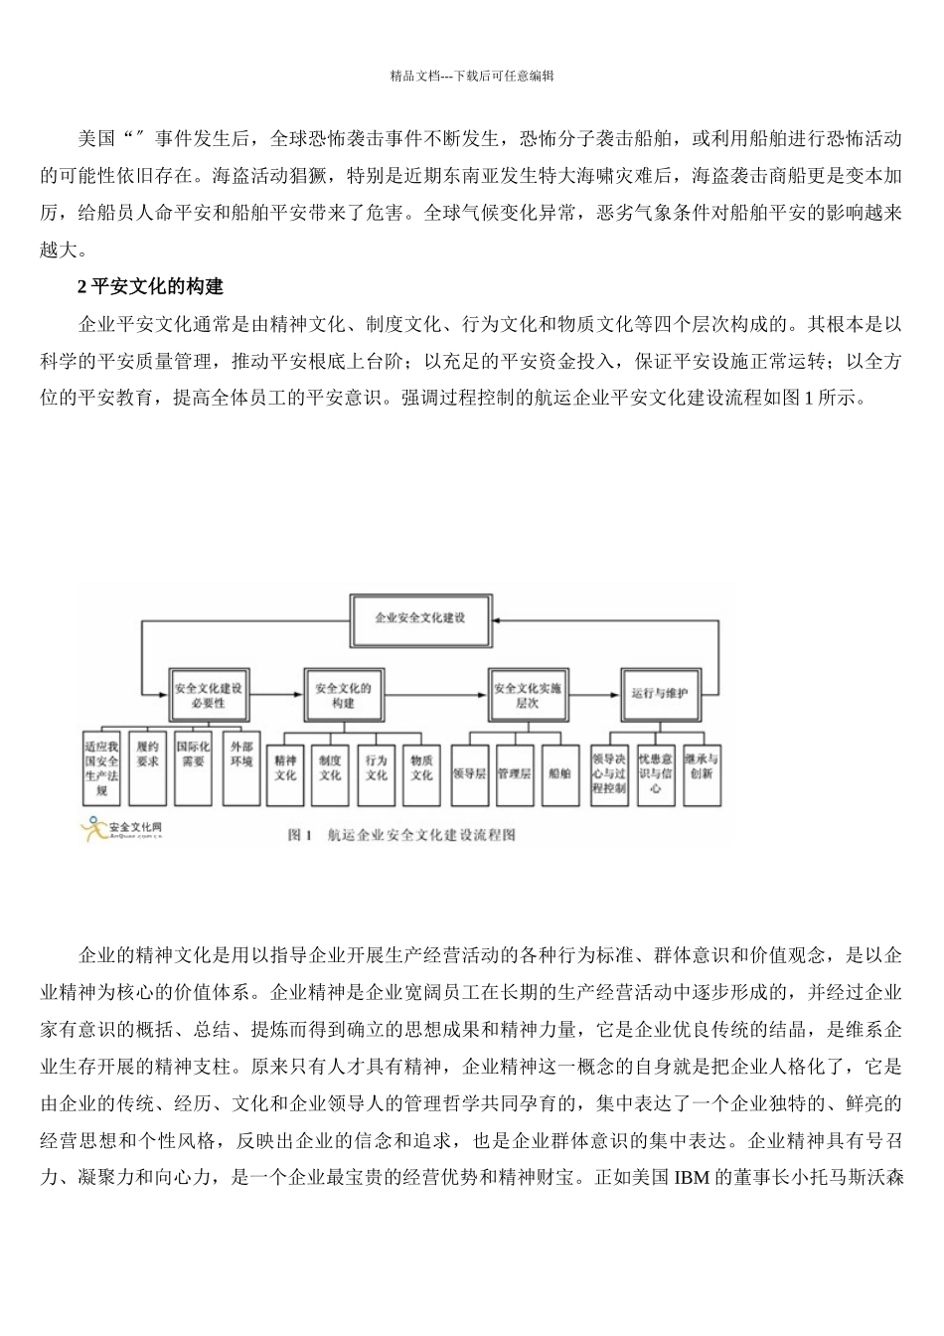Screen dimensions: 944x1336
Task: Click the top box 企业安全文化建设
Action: click(x=420, y=617)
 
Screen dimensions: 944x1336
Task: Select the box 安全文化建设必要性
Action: click(x=208, y=694)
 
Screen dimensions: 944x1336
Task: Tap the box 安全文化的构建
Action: click(x=343, y=694)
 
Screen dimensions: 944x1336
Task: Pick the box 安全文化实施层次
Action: click(x=527, y=694)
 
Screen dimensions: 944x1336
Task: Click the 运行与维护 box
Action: click(x=660, y=694)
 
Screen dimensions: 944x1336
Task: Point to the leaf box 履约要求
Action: click(x=147, y=767)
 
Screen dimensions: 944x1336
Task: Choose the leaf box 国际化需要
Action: click(x=193, y=767)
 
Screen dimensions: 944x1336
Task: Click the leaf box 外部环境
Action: click(x=240, y=767)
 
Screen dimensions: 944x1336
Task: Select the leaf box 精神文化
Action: click(x=285, y=767)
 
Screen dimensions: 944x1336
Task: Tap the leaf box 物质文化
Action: click(x=421, y=767)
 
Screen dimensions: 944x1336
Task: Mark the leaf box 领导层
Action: click(x=469, y=772)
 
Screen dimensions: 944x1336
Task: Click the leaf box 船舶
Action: click(x=559, y=772)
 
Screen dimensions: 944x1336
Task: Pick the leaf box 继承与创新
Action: click(x=702, y=767)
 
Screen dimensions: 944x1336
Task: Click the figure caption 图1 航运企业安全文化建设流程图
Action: click(x=401, y=836)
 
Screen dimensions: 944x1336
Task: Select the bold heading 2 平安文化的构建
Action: click(x=151, y=286)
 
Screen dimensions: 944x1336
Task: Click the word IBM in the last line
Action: click(x=691, y=1179)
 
